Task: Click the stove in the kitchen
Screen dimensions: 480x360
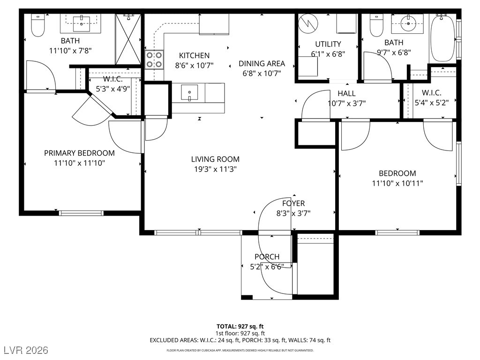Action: (x=154, y=60)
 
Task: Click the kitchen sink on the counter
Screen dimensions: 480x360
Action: (x=189, y=93)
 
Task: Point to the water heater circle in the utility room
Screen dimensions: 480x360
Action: (x=308, y=23)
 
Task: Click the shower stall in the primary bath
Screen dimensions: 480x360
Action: (x=128, y=39)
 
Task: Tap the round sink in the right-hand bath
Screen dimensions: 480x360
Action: (x=408, y=23)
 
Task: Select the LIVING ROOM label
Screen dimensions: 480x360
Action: (x=215, y=159)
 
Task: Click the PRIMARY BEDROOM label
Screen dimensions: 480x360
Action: (x=79, y=153)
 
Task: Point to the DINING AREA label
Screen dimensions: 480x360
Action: (x=262, y=64)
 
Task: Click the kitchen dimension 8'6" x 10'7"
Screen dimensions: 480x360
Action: (x=194, y=66)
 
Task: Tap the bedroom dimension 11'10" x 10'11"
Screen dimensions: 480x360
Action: (x=397, y=183)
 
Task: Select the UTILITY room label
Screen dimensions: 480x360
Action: (x=328, y=44)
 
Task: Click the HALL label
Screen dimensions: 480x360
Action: (x=346, y=93)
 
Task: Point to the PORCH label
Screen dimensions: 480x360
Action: (x=267, y=257)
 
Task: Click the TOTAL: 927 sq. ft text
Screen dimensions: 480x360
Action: (x=240, y=326)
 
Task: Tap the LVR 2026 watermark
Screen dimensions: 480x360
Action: (x=26, y=350)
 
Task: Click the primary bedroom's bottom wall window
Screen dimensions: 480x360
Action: (x=81, y=213)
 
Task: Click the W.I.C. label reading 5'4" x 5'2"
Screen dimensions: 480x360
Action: (x=432, y=97)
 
